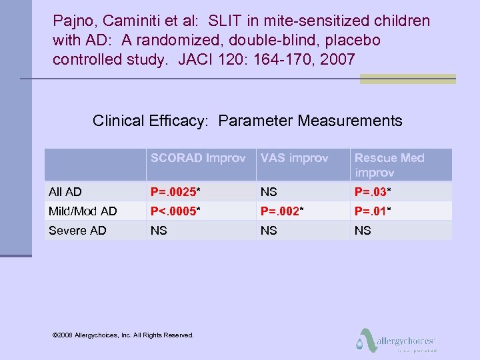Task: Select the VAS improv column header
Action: (294, 158)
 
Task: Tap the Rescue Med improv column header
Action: (389, 165)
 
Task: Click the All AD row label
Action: (65, 192)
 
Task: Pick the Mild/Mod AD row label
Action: (83, 211)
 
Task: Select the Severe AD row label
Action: (77, 231)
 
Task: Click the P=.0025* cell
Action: (176, 192)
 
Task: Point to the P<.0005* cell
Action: (176, 211)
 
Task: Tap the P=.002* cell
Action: (283, 211)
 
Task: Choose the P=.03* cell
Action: (373, 192)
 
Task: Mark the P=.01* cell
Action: (373, 211)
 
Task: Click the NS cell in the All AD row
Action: (269, 192)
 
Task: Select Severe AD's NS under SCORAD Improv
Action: (159, 231)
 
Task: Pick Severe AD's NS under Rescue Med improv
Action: (363, 231)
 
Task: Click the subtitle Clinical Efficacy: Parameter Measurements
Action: (247, 121)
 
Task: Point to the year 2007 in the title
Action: (337, 59)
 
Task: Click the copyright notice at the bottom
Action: (123, 335)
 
